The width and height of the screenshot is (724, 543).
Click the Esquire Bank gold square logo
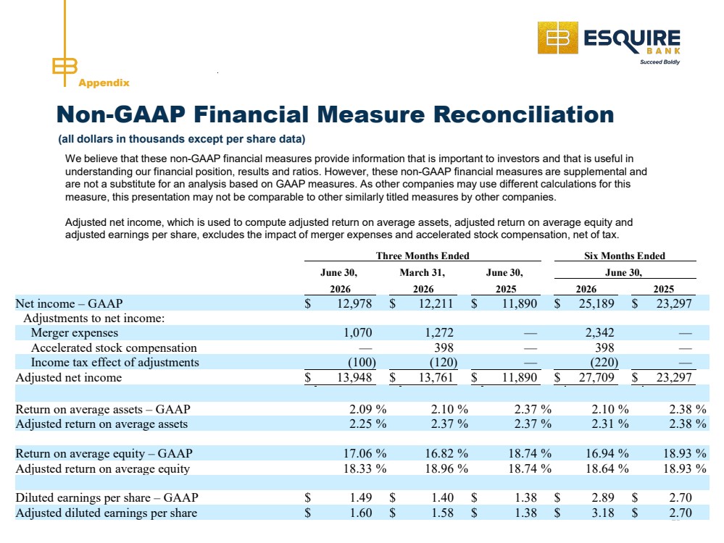(557, 38)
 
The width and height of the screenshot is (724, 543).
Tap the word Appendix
(104, 83)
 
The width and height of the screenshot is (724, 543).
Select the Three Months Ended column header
(423, 256)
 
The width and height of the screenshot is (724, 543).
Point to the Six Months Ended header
(625, 256)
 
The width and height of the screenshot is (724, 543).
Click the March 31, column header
(423, 273)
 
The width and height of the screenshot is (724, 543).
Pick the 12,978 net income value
(354, 303)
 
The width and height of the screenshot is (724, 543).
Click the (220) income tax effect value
(604, 363)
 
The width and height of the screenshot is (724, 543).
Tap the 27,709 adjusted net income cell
(596, 377)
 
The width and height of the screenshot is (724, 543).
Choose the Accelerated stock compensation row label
(114, 348)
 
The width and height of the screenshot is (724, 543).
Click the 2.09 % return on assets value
(367, 409)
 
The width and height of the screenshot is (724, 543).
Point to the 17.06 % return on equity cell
(365, 453)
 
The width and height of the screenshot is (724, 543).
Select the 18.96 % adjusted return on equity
(446, 468)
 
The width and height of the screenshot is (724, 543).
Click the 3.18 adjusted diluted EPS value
(603, 513)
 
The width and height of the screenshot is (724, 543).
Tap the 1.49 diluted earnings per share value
(361, 498)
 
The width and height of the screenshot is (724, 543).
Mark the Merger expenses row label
(75, 332)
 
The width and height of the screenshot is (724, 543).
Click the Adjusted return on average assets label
(101, 424)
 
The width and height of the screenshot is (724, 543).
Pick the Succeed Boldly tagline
(659, 62)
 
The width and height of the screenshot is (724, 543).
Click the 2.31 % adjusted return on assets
(610, 424)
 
